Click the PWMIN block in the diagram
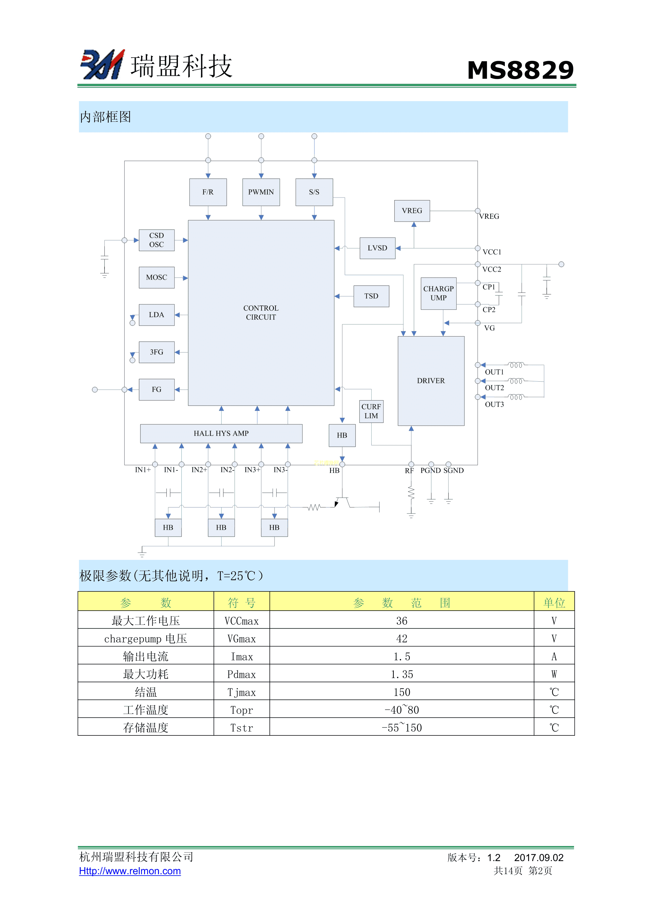click(261, 192)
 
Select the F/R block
click(208, 192)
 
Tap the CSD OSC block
click(157, 240)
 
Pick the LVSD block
click(377, 248)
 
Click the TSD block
click(371, 296)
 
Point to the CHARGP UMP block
click(438, 293)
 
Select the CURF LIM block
click(371, 411)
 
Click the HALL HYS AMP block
click(221, 433)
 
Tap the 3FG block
click(157, 352)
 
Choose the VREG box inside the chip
click(412, 211)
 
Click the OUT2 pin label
click(494, 388)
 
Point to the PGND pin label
click(431, 471)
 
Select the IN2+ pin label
click(199, 470)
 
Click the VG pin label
click(489, 328)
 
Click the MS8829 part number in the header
click(520, 70)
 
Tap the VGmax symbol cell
click(241, 639)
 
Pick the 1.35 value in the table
click(402, 674)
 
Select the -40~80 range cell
click(402, 710)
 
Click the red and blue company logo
click(103, 65)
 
